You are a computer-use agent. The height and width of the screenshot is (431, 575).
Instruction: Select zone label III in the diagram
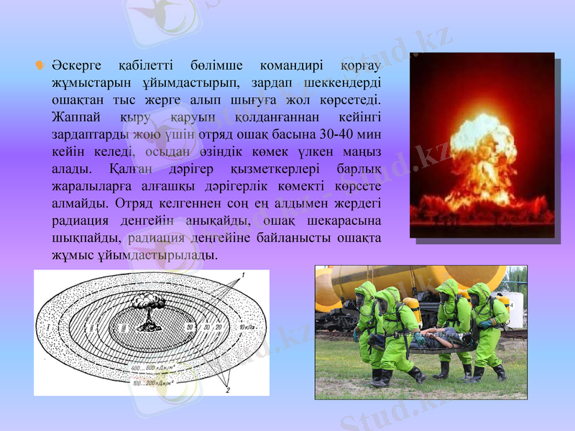(x=123, y=328)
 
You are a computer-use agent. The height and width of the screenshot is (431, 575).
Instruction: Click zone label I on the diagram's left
(x=48, y=328)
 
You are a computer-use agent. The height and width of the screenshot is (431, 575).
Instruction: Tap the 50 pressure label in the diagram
(x=189, y=328)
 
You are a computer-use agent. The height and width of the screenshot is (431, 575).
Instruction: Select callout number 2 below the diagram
(x=228, y=390)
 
